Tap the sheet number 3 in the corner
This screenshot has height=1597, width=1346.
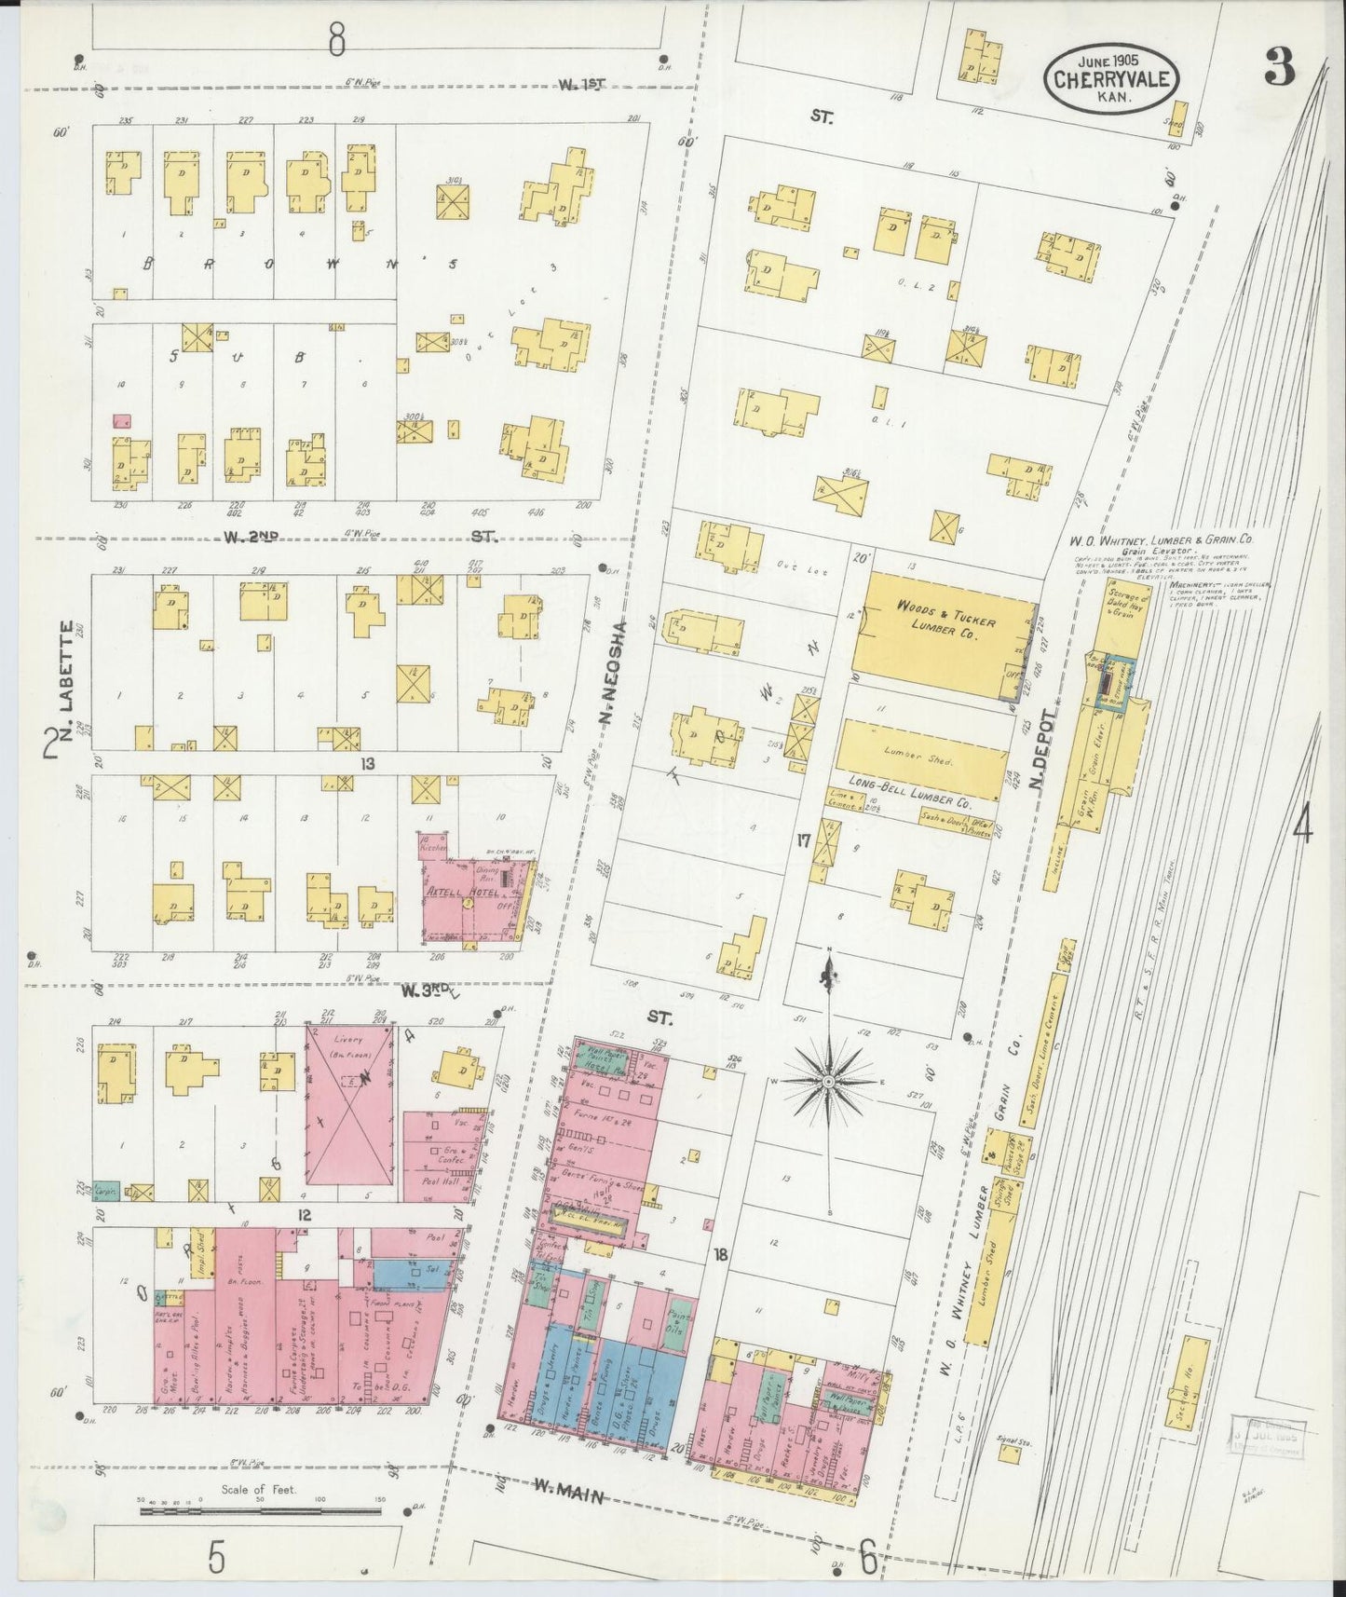1280,67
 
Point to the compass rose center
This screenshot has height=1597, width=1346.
827,1081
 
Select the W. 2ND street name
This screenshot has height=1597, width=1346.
252,537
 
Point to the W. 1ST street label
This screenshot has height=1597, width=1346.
582,85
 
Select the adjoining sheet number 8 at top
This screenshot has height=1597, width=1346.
336,38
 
